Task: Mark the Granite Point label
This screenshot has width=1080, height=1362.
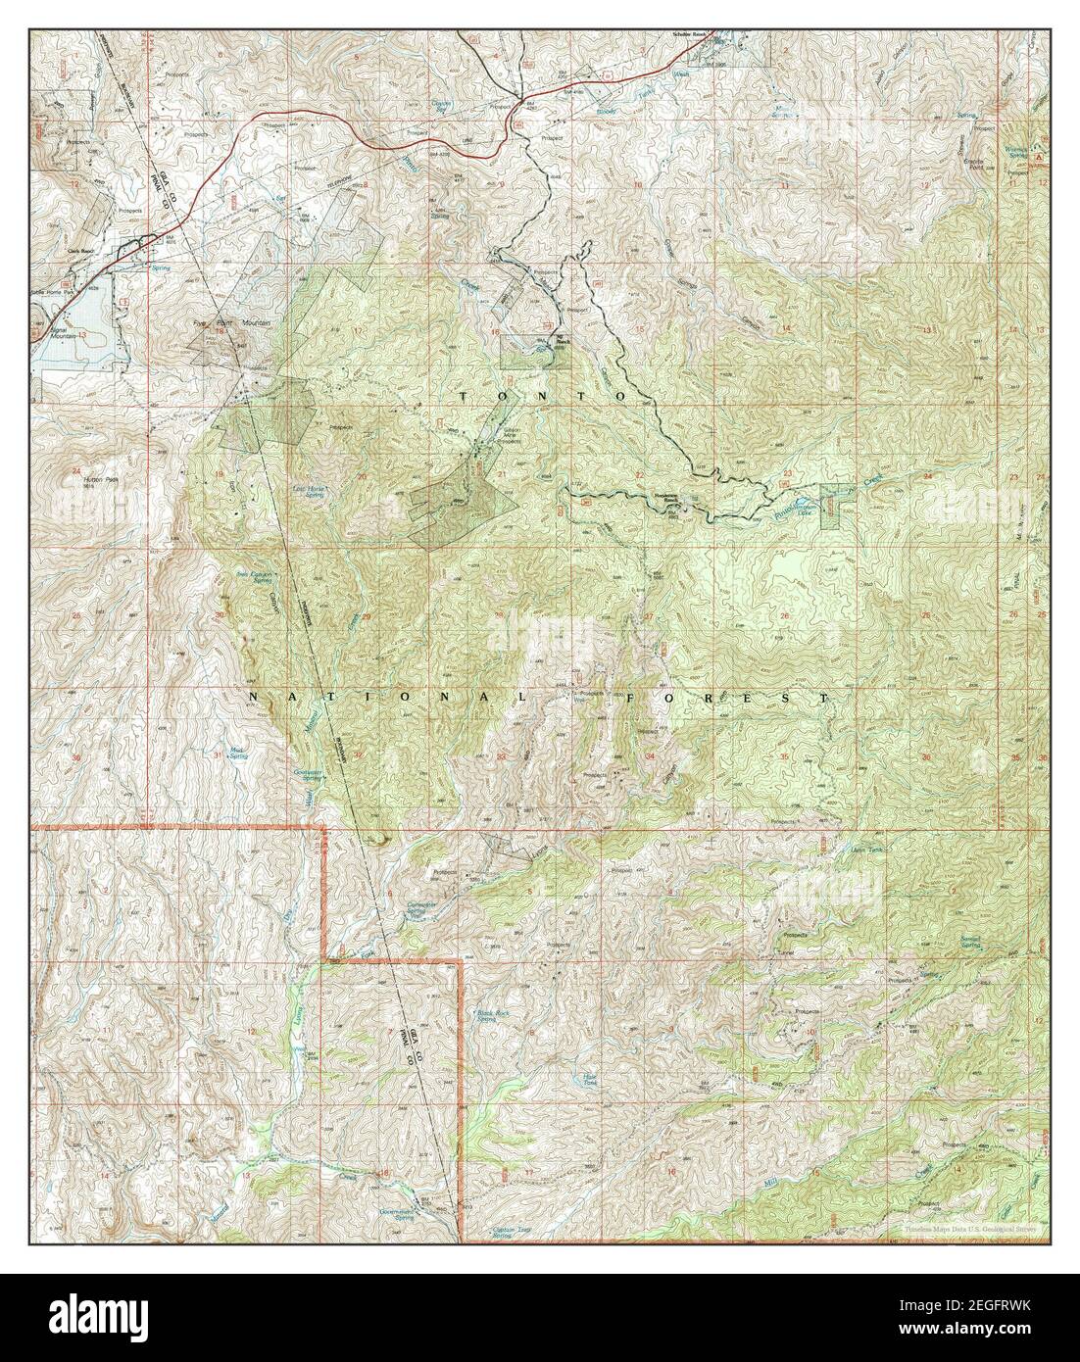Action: point(973,160)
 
